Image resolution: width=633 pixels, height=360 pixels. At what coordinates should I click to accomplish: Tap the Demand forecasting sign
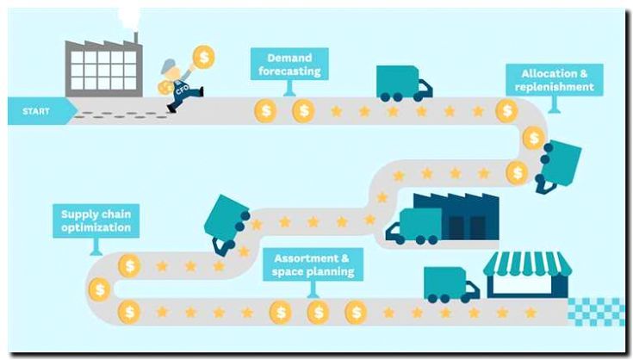(289, 64)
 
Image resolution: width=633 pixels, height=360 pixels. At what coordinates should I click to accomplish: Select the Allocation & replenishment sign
(554, 79)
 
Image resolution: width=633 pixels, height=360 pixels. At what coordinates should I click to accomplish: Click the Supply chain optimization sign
(96, 220)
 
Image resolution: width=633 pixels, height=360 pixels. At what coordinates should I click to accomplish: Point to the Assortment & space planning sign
(313, 264)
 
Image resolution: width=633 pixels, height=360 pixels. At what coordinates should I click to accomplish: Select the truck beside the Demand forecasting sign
(403, 82)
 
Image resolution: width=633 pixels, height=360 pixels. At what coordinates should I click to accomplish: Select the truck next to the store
(450, 283)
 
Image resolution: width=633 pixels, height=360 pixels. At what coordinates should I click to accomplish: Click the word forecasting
(289, 71)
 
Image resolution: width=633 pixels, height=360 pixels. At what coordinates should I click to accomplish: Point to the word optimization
(96, 228)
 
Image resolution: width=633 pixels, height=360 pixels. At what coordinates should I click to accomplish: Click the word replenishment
(554, 87)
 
